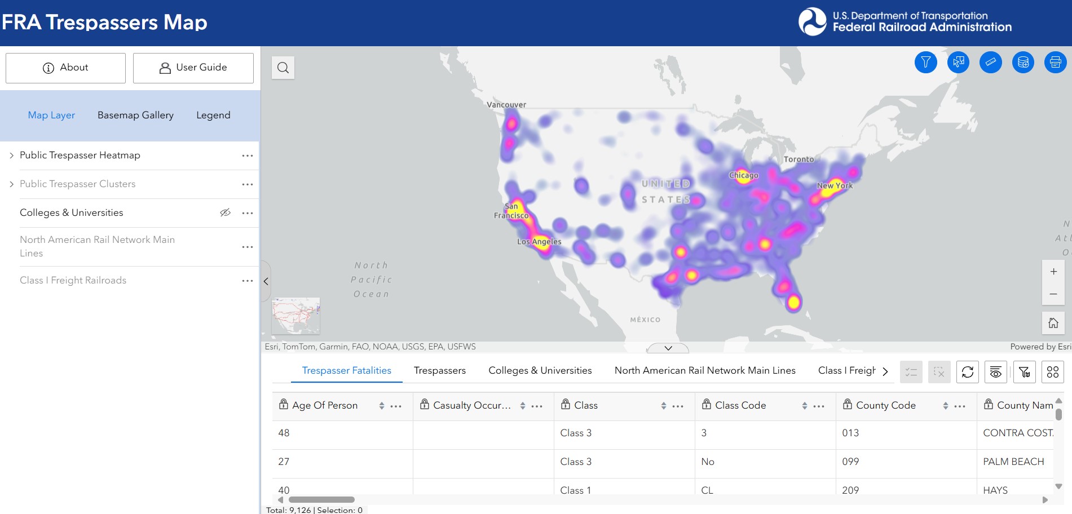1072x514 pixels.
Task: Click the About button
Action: tap(65, 68)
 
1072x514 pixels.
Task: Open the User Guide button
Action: tap(193, 68)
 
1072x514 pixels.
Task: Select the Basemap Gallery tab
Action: tap(135, 115)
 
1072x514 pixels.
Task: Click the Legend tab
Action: tap(213, 115)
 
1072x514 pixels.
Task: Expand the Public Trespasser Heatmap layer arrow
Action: tap(11, 156)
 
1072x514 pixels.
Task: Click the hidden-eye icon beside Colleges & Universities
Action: tap(225, 212)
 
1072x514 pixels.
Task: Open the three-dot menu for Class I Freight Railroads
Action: tap(247, 281)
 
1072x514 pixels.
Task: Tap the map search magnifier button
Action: tap(283, 68)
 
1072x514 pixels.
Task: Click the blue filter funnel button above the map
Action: tap(925, 62)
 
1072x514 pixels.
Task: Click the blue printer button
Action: tap(1055, 62)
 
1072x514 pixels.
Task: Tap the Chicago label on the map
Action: tap(743, 175)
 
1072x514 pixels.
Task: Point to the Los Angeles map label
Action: tap(539, 242)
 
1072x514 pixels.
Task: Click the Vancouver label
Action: tap(506, 105)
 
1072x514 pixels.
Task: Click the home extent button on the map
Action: tap(1053, 323)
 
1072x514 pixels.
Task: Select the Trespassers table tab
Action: tap(439, 370)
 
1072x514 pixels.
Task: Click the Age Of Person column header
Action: tap(325, 405)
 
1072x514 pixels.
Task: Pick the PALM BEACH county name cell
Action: tap(1013, 462)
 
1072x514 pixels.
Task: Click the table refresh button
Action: tap(968, 372)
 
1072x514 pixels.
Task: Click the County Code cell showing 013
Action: tap(850, 433)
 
